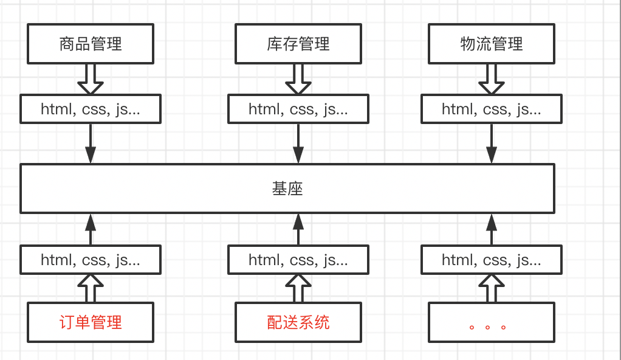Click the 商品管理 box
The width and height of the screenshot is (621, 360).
[x=91, y=44]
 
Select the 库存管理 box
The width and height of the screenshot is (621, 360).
[x=298, y=44]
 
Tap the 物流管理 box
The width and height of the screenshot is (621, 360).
[x=492, y=44]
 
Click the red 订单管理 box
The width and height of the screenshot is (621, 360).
[x=91, y=322]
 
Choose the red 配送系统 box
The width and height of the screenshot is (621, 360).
[x=298, y=322]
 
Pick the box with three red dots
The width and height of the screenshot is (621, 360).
[x=492, y=322]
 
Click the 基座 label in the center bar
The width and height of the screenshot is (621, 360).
[x=287, y=189]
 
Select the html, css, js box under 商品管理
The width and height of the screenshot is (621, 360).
[x=91, y=109]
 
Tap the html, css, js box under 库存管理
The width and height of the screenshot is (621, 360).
[x=298, y=109]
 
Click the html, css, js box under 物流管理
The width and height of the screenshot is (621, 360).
[x=492, y=109]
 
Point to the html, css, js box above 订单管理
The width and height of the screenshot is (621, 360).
[x=91, y=260]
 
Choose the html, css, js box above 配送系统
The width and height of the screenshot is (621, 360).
[x=298, y=260]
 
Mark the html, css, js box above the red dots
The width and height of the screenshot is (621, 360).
[x=492, y=260]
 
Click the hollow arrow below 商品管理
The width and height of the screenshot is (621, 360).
[x=91, y=80]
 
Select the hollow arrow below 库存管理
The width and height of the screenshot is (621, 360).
[x=298, y=80]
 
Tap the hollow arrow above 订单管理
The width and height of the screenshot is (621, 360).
[x=91, y=288]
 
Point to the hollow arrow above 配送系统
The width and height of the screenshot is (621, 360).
[x=298, y=288]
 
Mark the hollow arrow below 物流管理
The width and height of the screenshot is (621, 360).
[x=492, y=80]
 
